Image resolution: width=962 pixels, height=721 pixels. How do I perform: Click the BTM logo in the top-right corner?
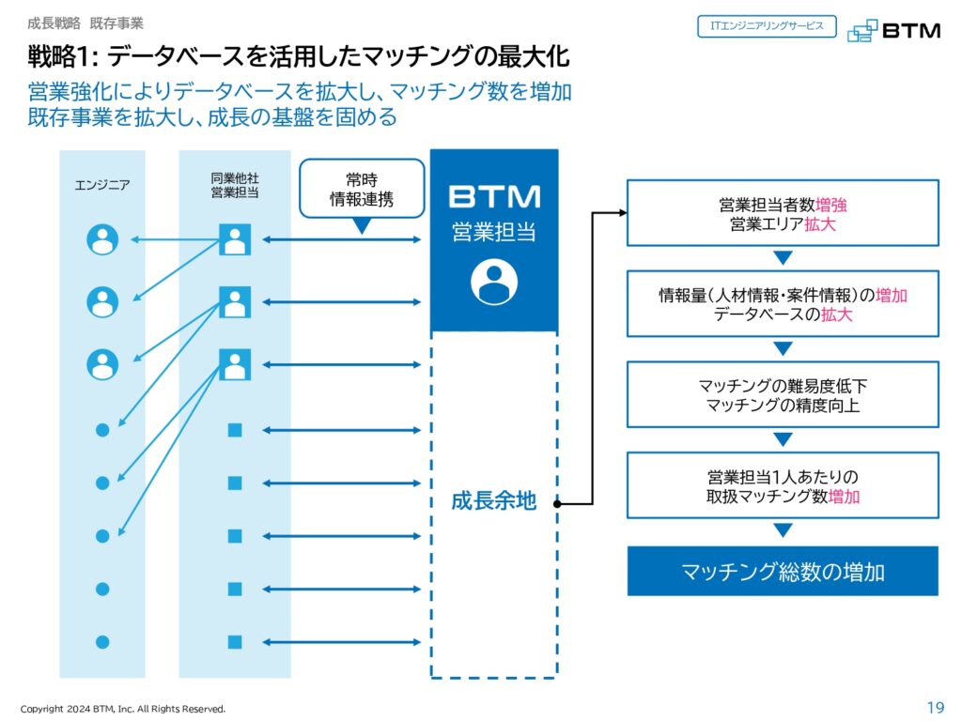(x=892, y=30)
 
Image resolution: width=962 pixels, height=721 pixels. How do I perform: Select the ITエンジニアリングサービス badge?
(x=767, y=26)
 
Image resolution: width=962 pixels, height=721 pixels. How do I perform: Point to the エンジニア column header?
(x=102, y=185)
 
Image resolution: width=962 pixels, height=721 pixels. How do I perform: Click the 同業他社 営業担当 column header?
(x=234, y=185)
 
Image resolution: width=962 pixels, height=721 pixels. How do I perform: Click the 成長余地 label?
(x=493, y=501)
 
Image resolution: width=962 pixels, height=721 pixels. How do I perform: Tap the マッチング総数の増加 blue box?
(x=783, y=571)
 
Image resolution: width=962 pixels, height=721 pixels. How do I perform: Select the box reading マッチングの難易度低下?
(x=783, y=395)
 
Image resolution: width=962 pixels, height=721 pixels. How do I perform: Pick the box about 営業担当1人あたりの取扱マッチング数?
(x=783, y=485)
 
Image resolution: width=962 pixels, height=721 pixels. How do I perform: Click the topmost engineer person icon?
(x=102, y=239)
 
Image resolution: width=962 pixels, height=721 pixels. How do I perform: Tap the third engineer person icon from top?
(x=102, y=363)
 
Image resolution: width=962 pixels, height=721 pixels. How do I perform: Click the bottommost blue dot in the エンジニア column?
(x=102, y=642)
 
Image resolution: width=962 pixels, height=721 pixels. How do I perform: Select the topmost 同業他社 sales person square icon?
(x=234, y=239)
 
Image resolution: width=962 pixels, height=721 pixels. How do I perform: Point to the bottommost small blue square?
(x=234, y=642)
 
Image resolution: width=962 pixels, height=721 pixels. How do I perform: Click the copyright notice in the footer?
(x=123, y=709)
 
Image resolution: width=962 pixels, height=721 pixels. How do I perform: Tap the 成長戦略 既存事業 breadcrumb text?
(x=85, y=22)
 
